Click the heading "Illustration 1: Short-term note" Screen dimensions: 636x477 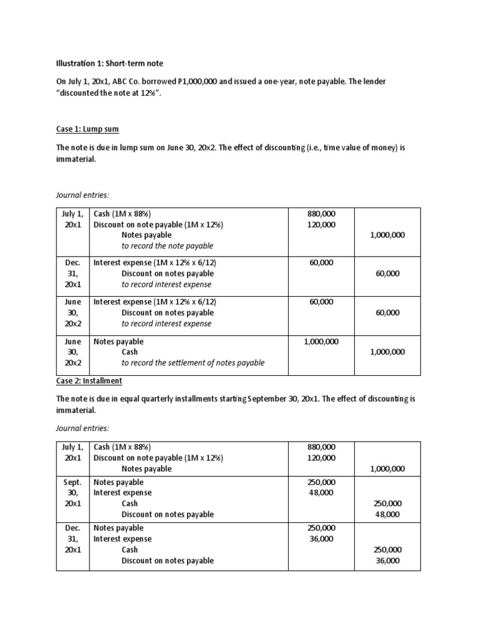pyautogui.click(x=110, y=63)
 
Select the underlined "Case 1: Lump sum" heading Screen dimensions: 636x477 pyautogui.click(x=87, y=129)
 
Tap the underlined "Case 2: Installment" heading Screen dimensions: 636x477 pyautogui.click(x=89, y=380)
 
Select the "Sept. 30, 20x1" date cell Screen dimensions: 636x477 pyautogui.click(x=72, y=493)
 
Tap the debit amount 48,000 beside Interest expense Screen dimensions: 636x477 pyautogui.click(x=320, y=493)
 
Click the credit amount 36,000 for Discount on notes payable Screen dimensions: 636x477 pyautogui.click(x=388, y=560)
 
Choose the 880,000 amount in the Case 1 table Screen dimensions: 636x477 pyautogui.click(x=320, y=214)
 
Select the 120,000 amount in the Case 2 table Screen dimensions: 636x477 pyautogui.click(x=320, y=458)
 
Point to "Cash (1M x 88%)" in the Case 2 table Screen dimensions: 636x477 pyautogui.click(x=122, y=447)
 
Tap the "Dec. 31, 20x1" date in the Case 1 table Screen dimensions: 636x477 pyautogui.click(x=72, y=273)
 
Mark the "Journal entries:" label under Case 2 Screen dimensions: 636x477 pyautogui.click(x=83, y=428)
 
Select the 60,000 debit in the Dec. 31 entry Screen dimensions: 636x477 pyautogui.click(x=320, y=263)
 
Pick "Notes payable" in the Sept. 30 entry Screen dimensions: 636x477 pyautogui.click(x=118, y=482)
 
